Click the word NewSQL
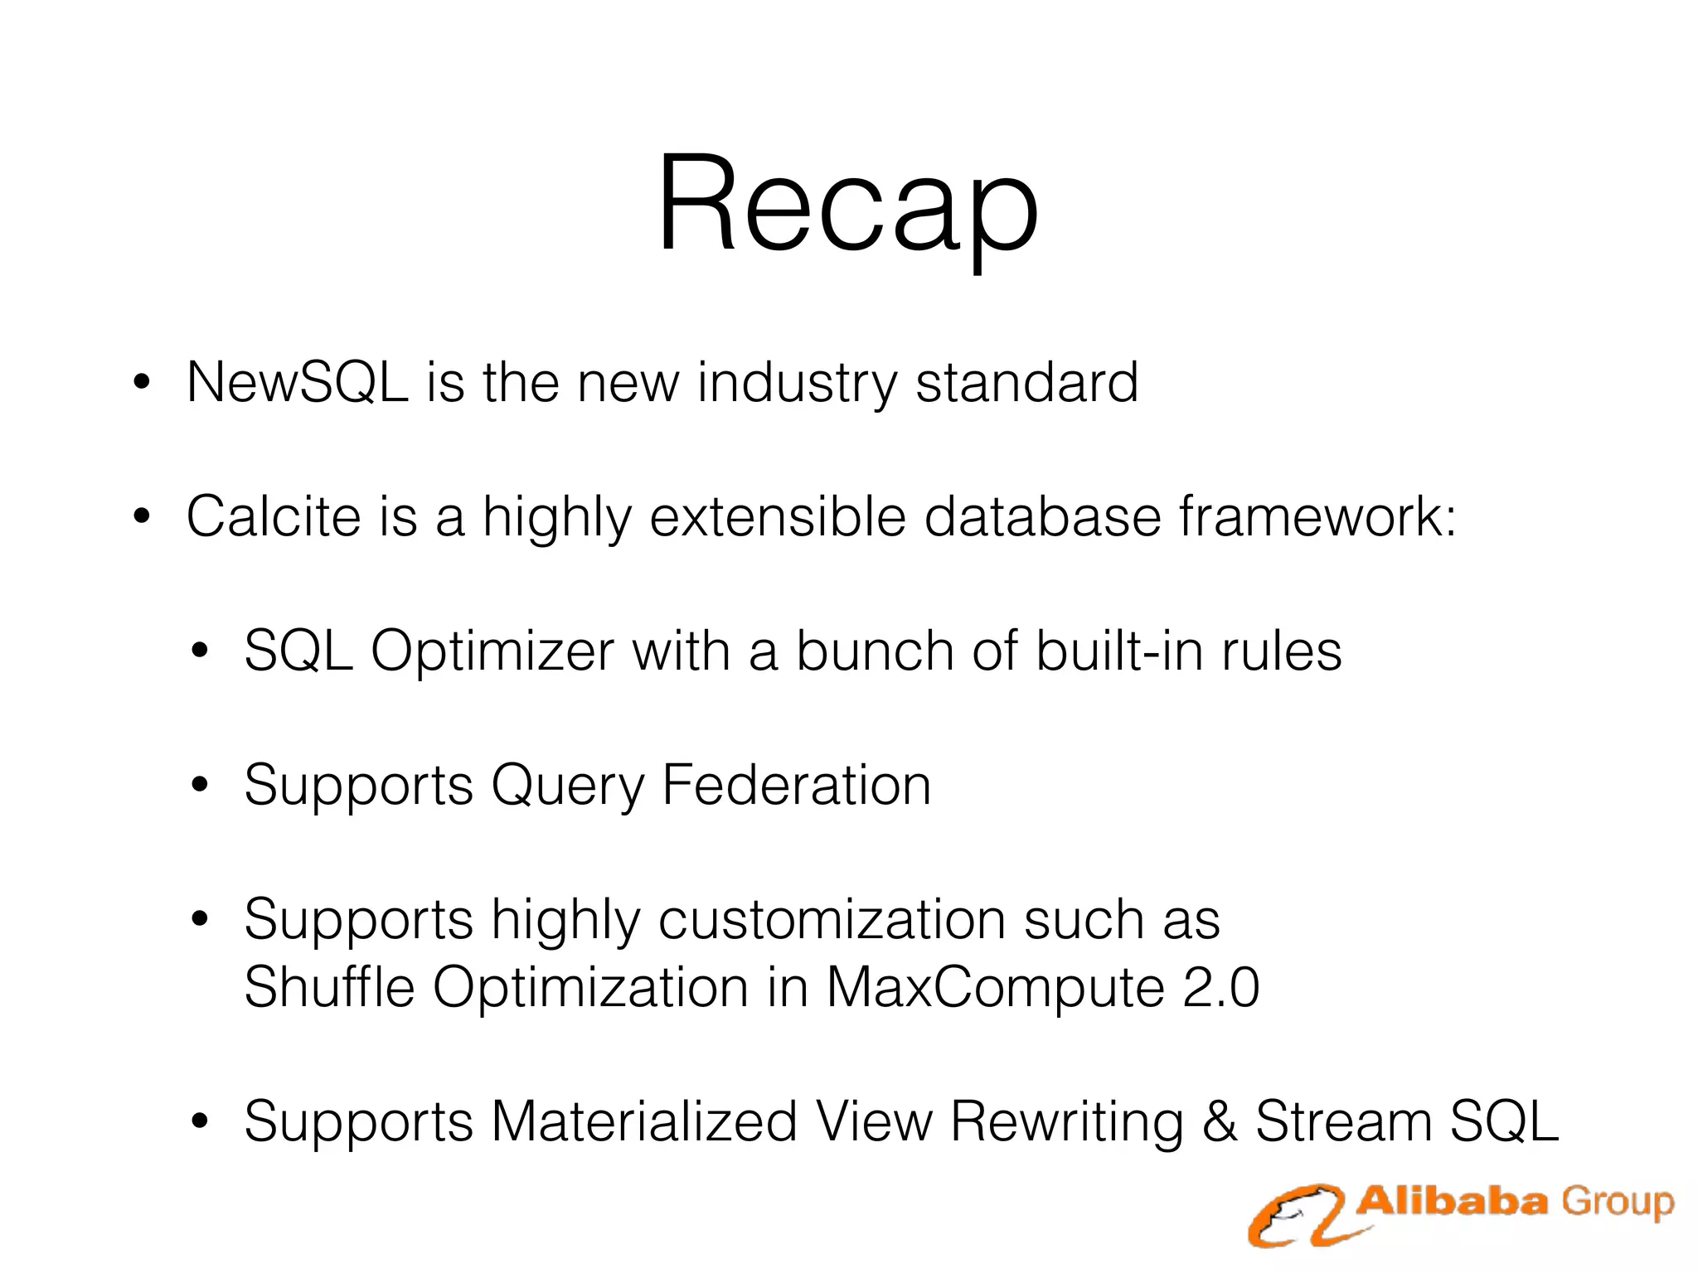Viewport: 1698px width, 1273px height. click(x=298, y=383)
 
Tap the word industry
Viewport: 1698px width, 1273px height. click(x=797, y=383)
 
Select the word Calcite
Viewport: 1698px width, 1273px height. click(x=274, y=517)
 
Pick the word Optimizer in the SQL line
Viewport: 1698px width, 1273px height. click(x=492, y=651)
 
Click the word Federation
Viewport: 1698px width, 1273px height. click(x=797, y=786)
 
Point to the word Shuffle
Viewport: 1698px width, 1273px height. click(x=329, y=988)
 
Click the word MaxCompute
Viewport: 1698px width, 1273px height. click(x=995, y=988)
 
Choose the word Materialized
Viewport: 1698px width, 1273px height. click(x=644, y=1122)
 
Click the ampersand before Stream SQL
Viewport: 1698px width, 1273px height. click(x=1220, y=1122)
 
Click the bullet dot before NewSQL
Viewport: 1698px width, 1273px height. click(x=143, y=383)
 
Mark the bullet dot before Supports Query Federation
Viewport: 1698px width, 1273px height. click(x=200, y=786)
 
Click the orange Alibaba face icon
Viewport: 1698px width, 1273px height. click(x=1298, y=1216)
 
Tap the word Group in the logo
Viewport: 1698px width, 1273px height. click(x=1617, y=1203)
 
